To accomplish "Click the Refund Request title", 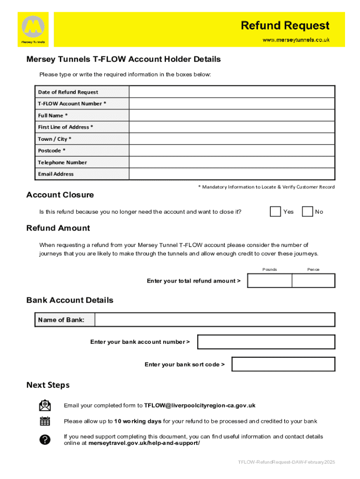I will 285,25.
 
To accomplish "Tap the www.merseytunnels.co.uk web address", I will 296,40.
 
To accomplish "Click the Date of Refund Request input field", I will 232,92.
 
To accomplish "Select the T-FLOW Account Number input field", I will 232,103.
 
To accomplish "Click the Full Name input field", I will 232,115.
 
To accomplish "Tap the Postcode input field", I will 232,150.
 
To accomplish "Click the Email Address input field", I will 232,174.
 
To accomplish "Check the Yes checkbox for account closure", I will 275,211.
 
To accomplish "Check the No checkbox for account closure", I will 307,211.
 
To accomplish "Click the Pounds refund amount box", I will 270,281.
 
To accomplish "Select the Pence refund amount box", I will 313,281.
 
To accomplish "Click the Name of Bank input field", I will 215,320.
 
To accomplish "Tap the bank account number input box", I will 266,342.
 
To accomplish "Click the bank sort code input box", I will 283,364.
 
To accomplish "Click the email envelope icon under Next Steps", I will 45,405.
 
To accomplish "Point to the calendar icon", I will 45,421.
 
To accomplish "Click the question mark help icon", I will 45,440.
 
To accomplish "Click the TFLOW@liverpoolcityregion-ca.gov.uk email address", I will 200,406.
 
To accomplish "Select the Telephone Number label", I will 62,162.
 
